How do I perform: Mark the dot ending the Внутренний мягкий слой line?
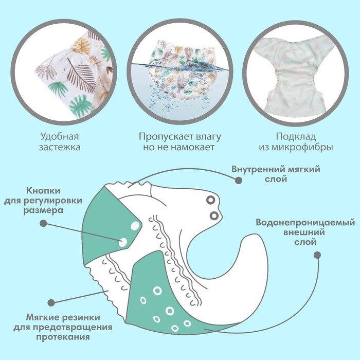[x=238, y=180]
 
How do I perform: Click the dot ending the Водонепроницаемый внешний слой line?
[x=317, y=255]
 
